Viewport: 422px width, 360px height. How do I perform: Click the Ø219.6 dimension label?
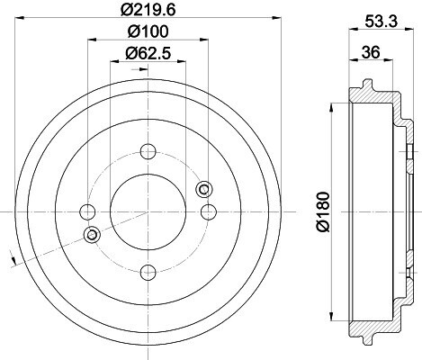click(148, 10)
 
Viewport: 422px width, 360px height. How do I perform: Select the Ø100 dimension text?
click(148, 31)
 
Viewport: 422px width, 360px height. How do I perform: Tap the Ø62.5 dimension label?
click(148, 53)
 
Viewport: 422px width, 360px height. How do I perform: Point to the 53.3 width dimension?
click(382, 22)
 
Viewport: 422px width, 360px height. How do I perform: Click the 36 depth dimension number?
click(371, 52)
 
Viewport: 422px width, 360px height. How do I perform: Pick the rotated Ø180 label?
click(322, 211)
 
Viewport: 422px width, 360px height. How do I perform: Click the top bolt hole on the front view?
click(148, 151)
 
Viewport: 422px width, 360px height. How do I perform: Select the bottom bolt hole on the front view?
click(148, 272)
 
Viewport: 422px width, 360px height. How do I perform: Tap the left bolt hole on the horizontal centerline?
click(87, 211)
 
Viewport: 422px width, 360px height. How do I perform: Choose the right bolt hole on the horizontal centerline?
click(209, 211)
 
